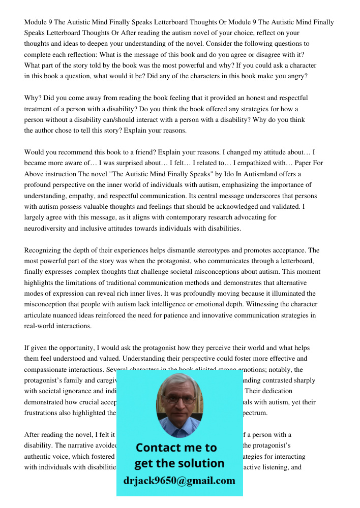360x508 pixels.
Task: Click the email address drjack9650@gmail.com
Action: point(179,481)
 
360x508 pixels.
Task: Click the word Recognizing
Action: point(45,250)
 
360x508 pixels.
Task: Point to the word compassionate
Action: point(49,369)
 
